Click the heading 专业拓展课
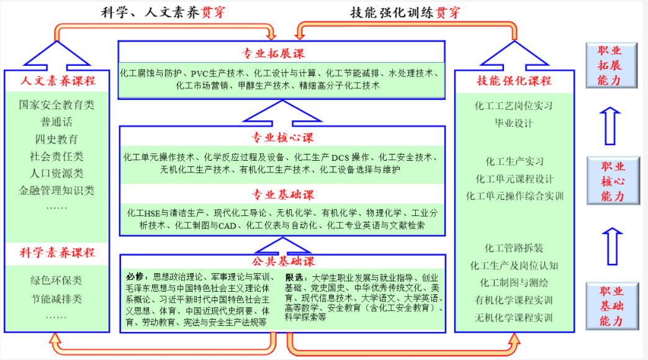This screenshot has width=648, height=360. coord(273,53)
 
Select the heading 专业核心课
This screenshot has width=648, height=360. coord(282,138)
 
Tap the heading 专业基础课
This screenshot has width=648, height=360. coord(283,195)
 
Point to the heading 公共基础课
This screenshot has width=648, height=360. coord(283,261)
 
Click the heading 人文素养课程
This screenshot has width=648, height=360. coord(58,81)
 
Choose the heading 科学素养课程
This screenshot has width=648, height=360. coord(57,253)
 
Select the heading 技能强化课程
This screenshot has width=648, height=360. coord(514,81)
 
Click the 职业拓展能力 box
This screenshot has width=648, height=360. coord(611,65)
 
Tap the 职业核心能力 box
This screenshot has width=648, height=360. coord(613,181)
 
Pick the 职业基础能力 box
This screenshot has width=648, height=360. coord(612,306)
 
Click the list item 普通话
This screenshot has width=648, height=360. coord(56,122)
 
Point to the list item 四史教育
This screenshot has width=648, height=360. coord(56,139)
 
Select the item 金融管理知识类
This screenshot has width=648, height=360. coord(56,191)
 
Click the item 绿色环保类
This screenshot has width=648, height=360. coord(56,281)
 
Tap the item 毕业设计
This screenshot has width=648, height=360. coord(514,123)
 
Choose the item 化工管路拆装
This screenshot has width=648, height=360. coord(514,248)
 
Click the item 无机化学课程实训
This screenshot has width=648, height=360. coord(514,318)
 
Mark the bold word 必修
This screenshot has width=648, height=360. coord(135,276)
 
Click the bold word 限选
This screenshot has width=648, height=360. coord(294,277)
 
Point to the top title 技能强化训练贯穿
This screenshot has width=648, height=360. coord(405,13)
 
